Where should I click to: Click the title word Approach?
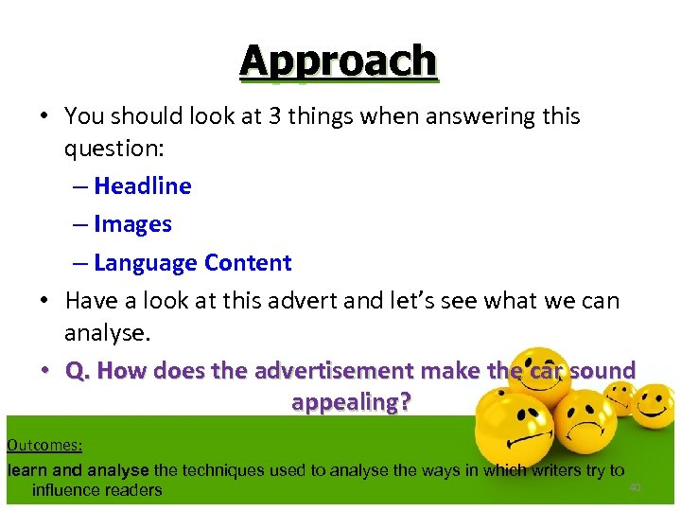coord(339,61)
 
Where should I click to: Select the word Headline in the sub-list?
coord(142,186)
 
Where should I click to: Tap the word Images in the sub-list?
coord(132,224)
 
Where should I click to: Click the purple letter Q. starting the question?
coord(78,370)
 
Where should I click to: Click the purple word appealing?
coord(351,402)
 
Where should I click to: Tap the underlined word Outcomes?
coord(44,445)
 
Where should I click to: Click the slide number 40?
coord(635,487)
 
